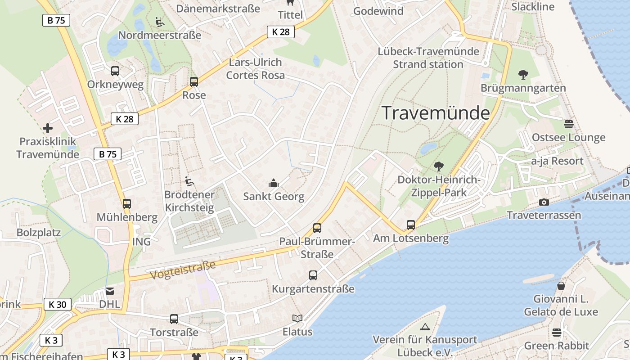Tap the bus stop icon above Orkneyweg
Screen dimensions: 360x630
click(115, 71)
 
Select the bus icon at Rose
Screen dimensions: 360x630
click(194, 81)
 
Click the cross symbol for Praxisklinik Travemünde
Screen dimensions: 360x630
click(48, 128)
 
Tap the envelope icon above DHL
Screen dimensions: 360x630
click(110, 291)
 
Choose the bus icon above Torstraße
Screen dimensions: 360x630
click(174, 319)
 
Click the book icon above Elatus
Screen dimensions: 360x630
click(297, 318)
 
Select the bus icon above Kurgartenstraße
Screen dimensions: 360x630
click(313, 275)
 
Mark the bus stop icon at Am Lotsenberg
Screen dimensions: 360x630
click(410, 225)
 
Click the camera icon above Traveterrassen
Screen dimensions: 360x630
click(544, 202)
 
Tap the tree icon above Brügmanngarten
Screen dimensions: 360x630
click(523, 74)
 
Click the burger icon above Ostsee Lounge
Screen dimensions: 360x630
click(569, 124)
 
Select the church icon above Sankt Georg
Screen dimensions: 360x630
click(274, 183)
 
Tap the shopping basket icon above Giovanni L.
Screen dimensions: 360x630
click(561, 285)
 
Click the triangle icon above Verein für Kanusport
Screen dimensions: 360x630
click(425, 326)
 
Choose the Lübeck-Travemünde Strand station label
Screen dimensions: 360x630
click(428, 58)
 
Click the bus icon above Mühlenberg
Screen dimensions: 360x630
click(127, 203)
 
